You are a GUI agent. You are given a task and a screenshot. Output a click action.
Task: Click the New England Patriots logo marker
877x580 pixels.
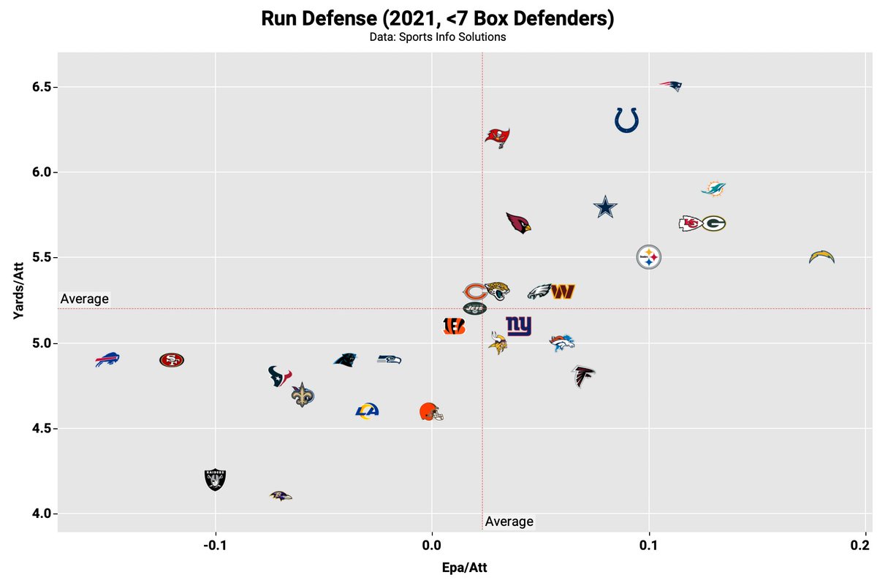(670, 86)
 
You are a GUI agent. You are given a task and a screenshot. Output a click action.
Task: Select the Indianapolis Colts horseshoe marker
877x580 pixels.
(626, 120)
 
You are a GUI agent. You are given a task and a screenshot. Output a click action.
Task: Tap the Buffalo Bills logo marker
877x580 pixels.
(107, 359)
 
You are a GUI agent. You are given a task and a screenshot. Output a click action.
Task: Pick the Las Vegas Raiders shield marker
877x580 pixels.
(215, 479)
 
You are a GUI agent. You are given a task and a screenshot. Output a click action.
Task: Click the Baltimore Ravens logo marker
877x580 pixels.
(280, 496)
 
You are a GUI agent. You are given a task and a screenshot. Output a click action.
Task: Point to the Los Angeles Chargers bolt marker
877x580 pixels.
(821, 257)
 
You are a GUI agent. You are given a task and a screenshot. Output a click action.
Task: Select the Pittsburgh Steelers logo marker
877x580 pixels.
(648, 257)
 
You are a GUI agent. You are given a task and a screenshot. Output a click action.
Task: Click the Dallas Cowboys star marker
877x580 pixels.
(605, 207)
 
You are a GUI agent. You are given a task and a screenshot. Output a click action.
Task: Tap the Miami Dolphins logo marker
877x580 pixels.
(713, 189)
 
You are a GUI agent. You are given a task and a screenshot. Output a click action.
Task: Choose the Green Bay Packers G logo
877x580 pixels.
(713, 224)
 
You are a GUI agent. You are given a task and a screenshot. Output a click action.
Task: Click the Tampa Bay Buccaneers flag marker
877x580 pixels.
(498, 137)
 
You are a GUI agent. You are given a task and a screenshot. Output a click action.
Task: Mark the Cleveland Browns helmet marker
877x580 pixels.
(431, 412)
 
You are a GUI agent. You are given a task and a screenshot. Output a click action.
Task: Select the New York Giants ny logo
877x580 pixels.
(519, 326)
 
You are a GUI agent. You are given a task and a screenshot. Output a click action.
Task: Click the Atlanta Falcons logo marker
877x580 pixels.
(583, 376)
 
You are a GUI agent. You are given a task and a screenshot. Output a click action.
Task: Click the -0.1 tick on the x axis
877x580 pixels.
(214, 546)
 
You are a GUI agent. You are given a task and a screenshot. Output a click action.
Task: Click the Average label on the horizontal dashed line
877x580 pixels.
(84, 299)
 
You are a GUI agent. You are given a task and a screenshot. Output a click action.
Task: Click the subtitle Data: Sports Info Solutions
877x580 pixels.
(438, 37)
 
